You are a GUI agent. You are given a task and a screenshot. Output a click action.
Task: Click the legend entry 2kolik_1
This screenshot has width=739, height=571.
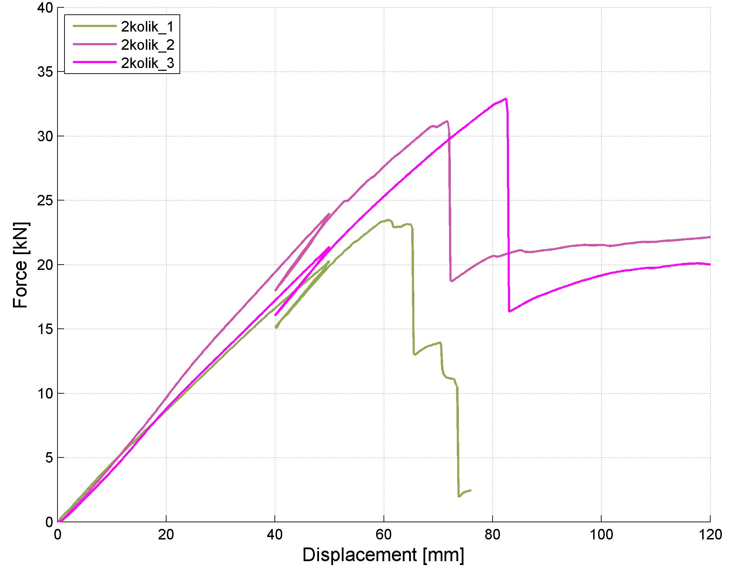(x=147, y=27)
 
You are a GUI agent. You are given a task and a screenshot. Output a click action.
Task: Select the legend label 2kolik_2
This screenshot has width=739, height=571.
(x=147, y=45)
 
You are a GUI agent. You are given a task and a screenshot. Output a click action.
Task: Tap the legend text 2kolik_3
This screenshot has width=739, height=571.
(x=147, y=63)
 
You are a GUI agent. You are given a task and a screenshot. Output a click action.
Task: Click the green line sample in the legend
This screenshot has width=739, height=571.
(x=95, y=26)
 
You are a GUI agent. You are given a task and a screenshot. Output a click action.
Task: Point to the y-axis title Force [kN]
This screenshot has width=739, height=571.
(x=20, y=265)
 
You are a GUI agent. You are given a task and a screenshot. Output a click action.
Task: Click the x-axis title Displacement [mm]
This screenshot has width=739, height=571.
(x=383, y=555)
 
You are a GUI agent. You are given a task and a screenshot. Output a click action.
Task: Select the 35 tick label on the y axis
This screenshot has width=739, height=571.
(x=45, y=72)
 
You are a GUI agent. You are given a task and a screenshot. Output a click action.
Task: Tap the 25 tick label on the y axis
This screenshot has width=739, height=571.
(x=45, y=201)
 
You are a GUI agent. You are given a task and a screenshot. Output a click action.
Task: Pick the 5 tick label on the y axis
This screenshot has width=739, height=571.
(x=49, y=458)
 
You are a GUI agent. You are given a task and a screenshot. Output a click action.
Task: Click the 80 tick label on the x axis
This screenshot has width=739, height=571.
(x=493, y=535)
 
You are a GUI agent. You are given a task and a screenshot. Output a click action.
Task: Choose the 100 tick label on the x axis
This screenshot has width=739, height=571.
(x=601, y=535)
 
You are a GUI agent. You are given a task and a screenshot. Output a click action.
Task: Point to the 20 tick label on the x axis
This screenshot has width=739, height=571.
(x=166, y=535)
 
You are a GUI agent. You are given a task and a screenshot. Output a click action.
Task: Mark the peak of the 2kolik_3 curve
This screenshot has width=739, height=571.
(x=506, y=98)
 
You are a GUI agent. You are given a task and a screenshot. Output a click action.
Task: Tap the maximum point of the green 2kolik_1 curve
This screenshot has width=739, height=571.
(x=388, y=220)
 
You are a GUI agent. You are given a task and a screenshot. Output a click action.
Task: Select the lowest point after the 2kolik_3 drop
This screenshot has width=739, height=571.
(x=509, y=311)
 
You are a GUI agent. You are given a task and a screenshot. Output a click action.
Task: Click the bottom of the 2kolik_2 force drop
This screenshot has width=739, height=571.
(x=451, y=281)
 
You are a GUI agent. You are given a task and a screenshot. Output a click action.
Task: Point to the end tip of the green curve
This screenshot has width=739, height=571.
(x=471, y=490)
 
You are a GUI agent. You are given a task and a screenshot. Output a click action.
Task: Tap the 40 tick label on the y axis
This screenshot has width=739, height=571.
(x=45, y=8)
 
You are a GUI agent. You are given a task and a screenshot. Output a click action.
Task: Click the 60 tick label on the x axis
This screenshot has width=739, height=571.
(x=384, y=535)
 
